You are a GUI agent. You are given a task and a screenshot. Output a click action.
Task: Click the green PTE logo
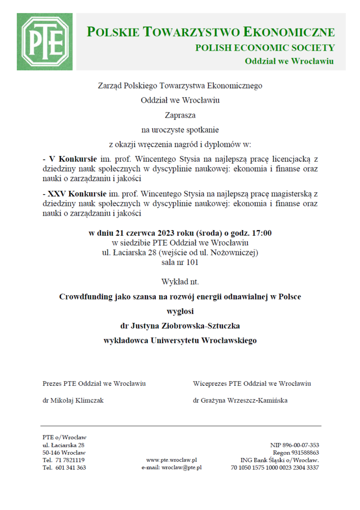(45, 42)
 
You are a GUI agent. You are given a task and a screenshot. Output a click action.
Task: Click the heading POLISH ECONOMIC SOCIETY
(265, 48)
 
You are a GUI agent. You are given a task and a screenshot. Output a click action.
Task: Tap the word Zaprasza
(180, 114)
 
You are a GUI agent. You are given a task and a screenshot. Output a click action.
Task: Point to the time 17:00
(262, 233)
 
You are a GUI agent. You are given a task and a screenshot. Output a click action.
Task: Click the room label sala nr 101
(180, 262)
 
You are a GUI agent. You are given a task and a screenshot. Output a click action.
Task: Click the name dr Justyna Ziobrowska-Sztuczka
(180, 325)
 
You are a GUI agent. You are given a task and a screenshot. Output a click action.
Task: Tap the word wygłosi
(180, 311)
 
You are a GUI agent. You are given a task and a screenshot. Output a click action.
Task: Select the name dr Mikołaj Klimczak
(73, 400)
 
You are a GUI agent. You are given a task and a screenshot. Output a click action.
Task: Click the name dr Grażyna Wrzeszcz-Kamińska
(240, 400)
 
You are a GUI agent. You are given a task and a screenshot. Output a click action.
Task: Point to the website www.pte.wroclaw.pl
(172, 460)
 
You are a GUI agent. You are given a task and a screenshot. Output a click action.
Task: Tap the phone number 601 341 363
(70, 467)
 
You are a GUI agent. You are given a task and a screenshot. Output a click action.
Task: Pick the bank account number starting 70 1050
(275, 467)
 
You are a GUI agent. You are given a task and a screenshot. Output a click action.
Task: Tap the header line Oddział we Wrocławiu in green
(289, 61)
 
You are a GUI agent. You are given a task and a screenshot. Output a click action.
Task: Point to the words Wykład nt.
(180, 282)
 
